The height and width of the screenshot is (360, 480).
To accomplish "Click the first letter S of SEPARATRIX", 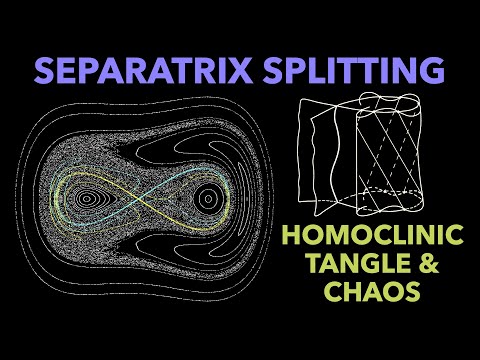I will [x=47, y=72].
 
